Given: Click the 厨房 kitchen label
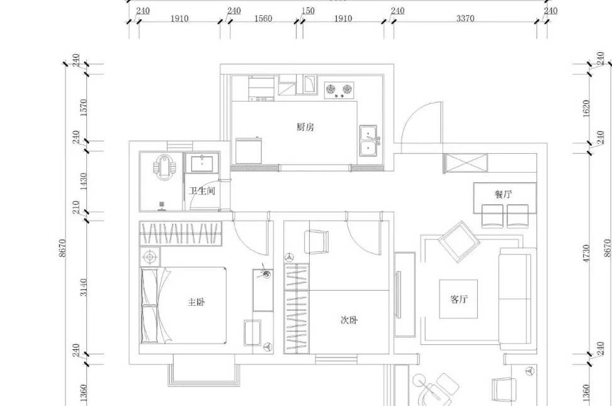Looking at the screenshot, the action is pyautogui.click(x=305, y=127).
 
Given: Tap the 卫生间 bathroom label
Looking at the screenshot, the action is pyautogui.click(x=202, y=191).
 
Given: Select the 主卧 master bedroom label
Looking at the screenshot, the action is pyautogui.click(x=196, y=302).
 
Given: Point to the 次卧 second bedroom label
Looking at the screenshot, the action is pyautogui.click(x=349, y=320).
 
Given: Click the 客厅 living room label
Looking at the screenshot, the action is pyautogui.click(x=458, y=299).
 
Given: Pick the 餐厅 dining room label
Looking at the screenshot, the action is pyautogui.click(x=504, y=194).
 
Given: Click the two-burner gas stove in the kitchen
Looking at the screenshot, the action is pyautogui.click(x=339, y=90).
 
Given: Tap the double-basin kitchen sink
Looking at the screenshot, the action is pyautogui.click(x=368, y=141).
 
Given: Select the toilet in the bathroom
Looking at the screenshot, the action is pyautogui.click(x=166, y=168).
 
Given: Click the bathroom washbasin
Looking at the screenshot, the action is pyautogui.click(x=201, y=163).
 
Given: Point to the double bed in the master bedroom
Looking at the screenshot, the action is pyautogui.click(x=183, y=306).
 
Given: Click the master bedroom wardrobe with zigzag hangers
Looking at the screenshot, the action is pyautogui.click(x=180, y=234).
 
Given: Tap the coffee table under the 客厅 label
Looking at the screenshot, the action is pyautogui.click(x=458, y=299).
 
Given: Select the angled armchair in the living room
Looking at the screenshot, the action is pyautogui.click(x=460, y=242).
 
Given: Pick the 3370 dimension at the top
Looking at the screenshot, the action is pyautogui.click(x=465, y=18).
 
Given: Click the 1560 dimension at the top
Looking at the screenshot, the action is pyautogui.click(x=263, y=18).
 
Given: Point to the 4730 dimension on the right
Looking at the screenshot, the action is pyautogui.click(x=586, y=253).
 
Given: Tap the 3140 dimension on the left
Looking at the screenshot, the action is pyautogui.click(x=84, y=287).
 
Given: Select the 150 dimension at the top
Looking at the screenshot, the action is pyautogui.click(x=309, y=11).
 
